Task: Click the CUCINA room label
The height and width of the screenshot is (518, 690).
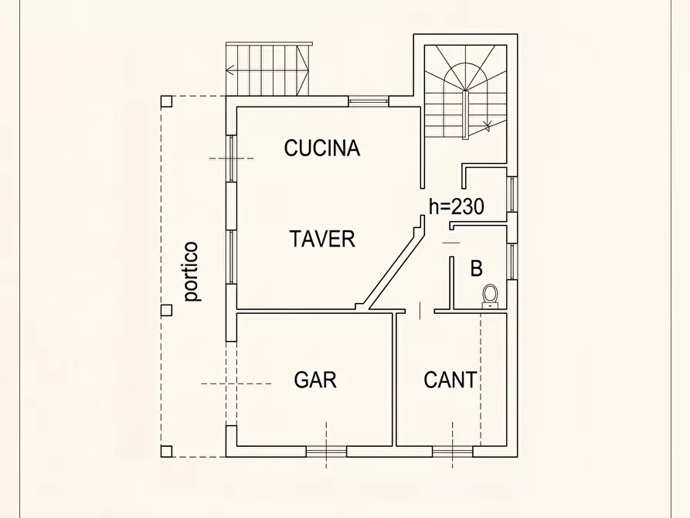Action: click(322, 148)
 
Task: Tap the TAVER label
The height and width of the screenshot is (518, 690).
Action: click(323, 239)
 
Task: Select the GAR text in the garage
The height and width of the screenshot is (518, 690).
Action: click(315, 380)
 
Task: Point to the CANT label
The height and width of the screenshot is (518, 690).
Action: click(450, 380)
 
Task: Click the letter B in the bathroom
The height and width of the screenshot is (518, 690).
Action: click(477, 269)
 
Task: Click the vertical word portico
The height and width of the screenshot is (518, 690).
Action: click(191, 271)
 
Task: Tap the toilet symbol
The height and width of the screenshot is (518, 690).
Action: click(489, 295)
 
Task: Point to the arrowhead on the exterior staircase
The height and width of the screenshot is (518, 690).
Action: click(229, 70)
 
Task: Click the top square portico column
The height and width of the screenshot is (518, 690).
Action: click(166, 101)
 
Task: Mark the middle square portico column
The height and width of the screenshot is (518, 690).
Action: click(166, 310)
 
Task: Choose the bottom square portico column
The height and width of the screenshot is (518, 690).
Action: click(166, 452)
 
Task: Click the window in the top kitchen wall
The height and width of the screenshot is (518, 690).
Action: click(367, 101)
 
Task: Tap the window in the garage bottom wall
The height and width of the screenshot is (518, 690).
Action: click(326, 451)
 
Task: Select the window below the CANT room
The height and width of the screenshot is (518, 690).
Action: click(452, 451)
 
